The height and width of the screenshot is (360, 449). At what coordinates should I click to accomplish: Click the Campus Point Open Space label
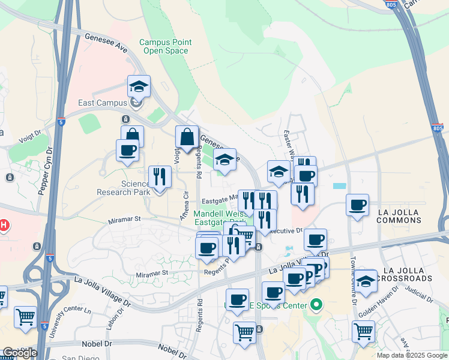[x=166, y=46]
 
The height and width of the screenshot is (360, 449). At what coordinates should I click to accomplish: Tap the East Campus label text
[x=103, y=103]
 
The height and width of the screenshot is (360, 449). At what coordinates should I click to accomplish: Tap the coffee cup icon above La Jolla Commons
[x=357, y=205]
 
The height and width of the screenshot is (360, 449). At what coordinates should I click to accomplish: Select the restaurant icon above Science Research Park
[x=159, y=176]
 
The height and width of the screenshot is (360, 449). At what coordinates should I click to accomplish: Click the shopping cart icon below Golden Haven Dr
[x=363, y=331]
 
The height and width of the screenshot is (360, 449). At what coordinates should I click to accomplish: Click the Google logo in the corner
[x=19, y=353]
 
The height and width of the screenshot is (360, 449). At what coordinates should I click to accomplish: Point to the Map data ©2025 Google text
[x=411, y=355]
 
